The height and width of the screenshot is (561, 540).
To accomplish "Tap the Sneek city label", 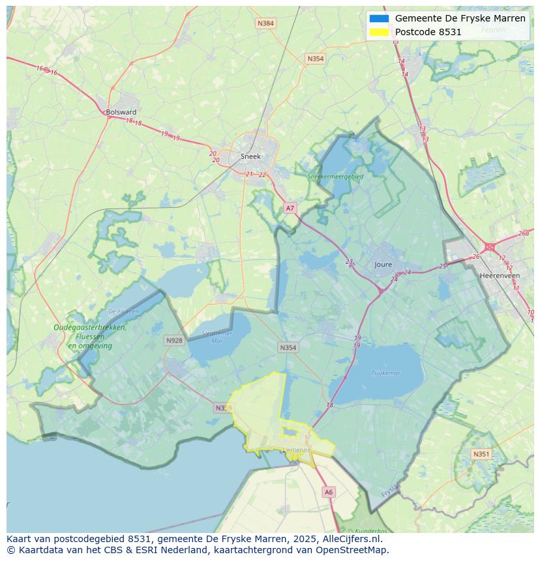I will [x=250, y=156].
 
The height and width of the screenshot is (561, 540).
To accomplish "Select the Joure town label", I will [x=383, y=265].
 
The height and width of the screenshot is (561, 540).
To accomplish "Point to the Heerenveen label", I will [x=500, y=276].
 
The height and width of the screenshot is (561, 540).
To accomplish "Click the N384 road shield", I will [x=265, y=23].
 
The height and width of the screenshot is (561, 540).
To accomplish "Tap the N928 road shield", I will [x=174, y=340].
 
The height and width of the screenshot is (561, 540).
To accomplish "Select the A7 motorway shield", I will [x=290, y=208].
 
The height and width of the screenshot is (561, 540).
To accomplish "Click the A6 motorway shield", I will [x=329, y=493].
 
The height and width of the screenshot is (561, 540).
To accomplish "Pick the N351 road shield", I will [x=481, y=454].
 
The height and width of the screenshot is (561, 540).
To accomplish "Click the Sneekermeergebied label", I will [x=336, y=176].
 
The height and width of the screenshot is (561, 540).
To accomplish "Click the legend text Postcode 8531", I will [x=428, y=32].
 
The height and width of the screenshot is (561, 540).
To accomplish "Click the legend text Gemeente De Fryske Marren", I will [x=460, y=18].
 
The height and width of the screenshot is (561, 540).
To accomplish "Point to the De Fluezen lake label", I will [x=124, y=311].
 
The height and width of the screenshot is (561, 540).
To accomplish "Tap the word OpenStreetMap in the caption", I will [x=352, y=549].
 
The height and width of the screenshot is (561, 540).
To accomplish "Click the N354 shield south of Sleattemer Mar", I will [x=288, y=347].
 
